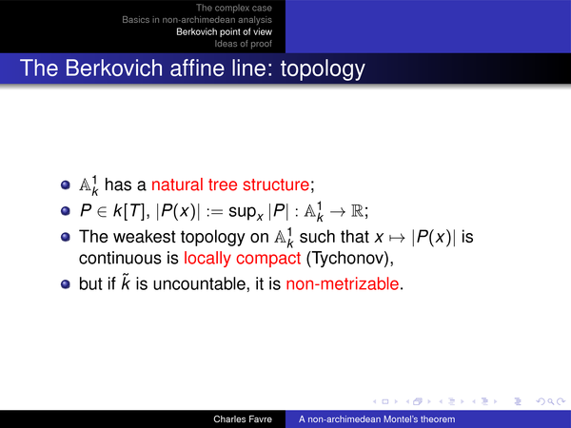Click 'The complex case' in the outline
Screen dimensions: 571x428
tap(234, 8)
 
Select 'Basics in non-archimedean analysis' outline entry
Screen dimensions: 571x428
tap(197, 20)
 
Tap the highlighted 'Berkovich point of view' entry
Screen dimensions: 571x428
tap(224, 31)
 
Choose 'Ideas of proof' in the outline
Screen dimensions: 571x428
tap(243, 44)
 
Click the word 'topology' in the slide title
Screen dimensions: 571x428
tap(323, 69)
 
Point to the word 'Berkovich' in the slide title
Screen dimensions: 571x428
tap(114, 68)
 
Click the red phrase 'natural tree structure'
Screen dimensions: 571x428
tap(230, 185)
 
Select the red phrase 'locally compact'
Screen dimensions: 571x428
tap(242, 258)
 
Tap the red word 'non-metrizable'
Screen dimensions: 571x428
tap(343, 283)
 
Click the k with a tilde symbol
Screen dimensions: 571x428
tap(126, 282)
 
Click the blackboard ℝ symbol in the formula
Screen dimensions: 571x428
tap(357, 211)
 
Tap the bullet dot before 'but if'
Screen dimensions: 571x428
tap(66, 283)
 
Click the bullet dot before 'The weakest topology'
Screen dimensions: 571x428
tap(66, 237)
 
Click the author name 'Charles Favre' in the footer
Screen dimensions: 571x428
tap(243, 419)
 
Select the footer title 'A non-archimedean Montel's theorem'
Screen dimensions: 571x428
tap(377, 419)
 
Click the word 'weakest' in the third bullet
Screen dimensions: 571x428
tap(145, 237)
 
